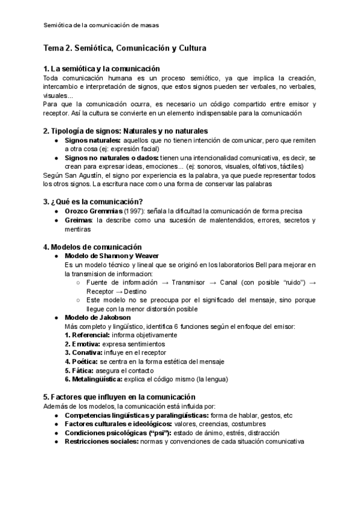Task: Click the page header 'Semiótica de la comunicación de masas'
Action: point(101,25)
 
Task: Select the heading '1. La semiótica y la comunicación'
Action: point(101,69)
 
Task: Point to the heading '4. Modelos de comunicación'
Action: point(92,247)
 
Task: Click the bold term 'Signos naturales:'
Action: point(92,140)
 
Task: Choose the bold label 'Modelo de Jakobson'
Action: point(97,318)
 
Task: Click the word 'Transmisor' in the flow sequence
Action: point(190,282)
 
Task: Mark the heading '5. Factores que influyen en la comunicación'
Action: point(119,397)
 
